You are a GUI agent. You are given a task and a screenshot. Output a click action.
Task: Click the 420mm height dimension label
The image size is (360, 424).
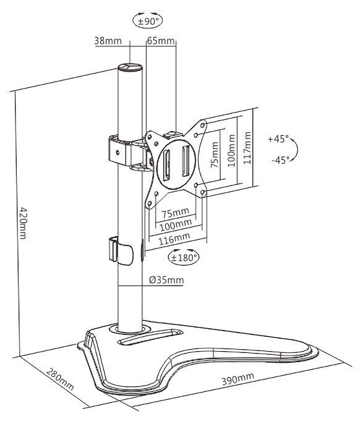click(x=24, y=223)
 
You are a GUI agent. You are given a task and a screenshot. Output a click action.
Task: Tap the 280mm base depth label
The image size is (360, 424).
click(x=60, y=379)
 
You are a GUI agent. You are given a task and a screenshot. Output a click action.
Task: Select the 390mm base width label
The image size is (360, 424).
click(x=238, y=378)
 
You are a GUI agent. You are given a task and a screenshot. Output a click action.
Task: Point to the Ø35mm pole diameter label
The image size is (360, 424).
click(x=166, y=279)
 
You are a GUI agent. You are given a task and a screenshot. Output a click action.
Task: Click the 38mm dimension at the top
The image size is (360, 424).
click(x=108, y=41)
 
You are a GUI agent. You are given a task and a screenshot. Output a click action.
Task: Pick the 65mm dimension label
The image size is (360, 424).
click(x=160, y=41)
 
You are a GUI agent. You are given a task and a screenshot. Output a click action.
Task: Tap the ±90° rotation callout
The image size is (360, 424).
click(x=148, y=20)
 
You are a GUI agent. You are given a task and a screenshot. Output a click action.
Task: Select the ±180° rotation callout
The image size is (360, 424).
click(x=184, y=257)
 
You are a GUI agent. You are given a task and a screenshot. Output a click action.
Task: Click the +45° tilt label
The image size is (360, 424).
click(x=278, y=139)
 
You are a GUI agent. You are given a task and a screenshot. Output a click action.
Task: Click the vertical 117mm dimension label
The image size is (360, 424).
click(x=247, y=148)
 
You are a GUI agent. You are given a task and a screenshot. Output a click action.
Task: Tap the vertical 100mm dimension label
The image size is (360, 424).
click(x=231, y=151)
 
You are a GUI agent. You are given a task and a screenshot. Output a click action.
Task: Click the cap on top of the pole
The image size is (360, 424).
click(x=130, y=67)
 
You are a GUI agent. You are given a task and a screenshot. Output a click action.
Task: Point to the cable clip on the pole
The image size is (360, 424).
click(x=121, y=251)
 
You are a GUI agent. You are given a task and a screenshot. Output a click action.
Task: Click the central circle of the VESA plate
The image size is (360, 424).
click(x=176, y=164)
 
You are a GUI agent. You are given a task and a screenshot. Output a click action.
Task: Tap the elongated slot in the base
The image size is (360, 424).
click(x=150, y=336)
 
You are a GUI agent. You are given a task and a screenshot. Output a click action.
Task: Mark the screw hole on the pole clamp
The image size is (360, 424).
click(x=118, y=153)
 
